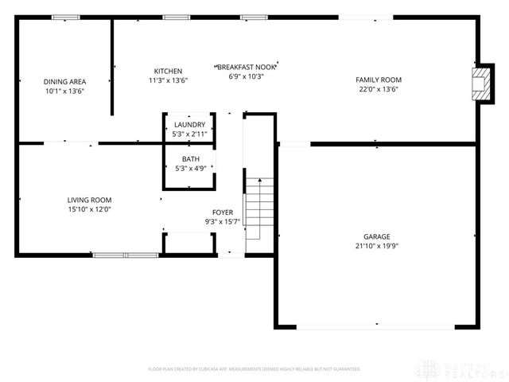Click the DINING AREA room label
[x=65, y=81]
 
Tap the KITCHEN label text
[x=168, y=71]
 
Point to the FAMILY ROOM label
[x=378, y=80]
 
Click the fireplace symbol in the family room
[x=481, y=84]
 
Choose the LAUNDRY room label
[x=189, y=125]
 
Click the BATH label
[x=189, y=159]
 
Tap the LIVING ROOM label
[x=88, y=200]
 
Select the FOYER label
[x=222, y=212]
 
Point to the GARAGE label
[x=377, y=236]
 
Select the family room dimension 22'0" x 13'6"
[x=378, y=89]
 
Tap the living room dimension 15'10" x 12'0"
[x=88, y=209]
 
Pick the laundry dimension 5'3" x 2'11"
[x=189, y=134]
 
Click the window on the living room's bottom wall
[x=126, y=255]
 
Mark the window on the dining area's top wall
[x=65, y=18]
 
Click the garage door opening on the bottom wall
[x=377, y=326]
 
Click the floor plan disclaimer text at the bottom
[x=254, y=369]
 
